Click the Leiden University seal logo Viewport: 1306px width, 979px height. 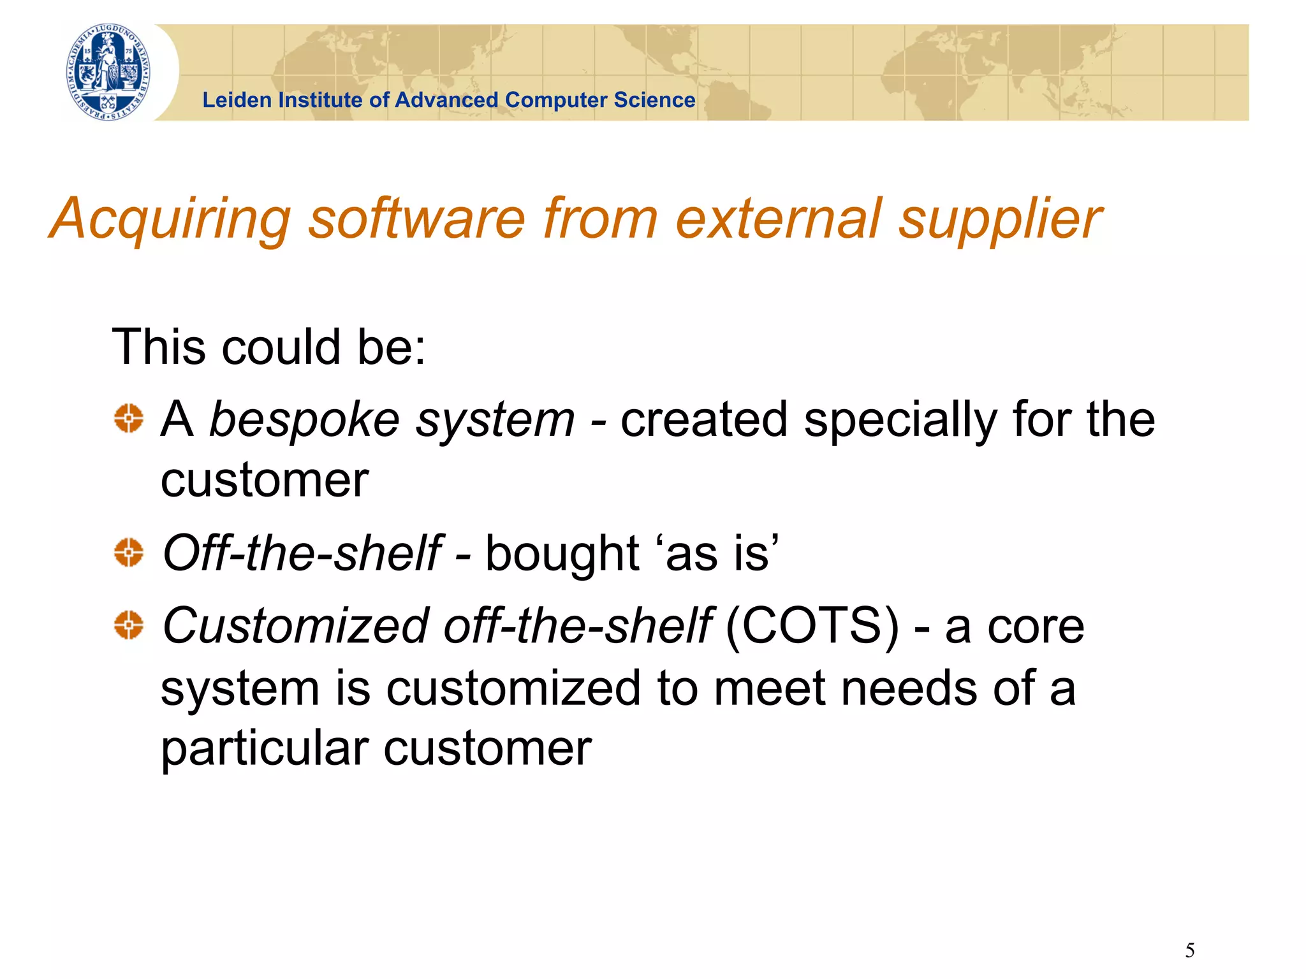click(108, 72)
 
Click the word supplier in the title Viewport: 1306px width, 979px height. click(999, 220)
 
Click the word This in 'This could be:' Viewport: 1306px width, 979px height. click(158, 347)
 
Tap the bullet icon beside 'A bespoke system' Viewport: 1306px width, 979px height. click(129, 419)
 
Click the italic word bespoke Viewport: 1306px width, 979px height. click(304, 421)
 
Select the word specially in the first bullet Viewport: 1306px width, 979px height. click(900, 421)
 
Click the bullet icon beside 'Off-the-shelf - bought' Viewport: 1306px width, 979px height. click(129, 552)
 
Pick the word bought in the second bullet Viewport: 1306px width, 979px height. click(562, 553)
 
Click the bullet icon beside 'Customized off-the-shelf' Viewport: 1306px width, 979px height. click(129, 625)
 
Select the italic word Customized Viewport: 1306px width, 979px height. click(295, 626)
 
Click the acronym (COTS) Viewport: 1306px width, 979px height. click(812, 626)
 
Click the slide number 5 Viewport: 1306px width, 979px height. click(1189, 950)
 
